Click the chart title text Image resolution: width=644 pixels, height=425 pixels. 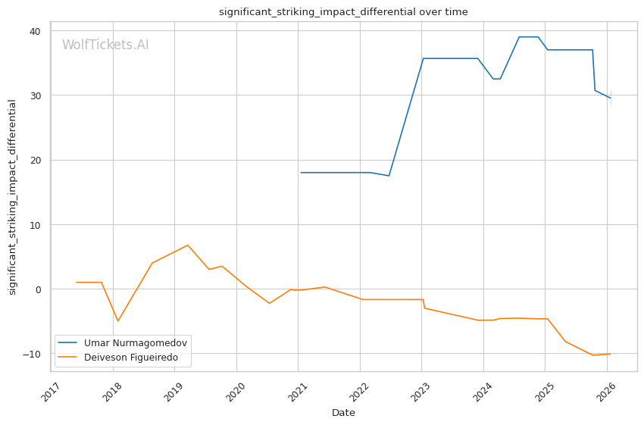click(343, 12)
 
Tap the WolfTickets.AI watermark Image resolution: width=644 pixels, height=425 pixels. click(105, 45)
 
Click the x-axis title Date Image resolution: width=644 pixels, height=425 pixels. click(343, 413)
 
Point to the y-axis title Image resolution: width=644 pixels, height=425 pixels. click(12, 197)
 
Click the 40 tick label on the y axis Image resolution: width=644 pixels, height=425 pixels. click(36, 31)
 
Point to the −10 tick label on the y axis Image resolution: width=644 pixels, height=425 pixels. click(33, 354)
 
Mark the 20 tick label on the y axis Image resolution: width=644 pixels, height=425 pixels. click(36, 160)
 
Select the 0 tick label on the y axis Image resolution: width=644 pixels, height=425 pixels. click(38, 289)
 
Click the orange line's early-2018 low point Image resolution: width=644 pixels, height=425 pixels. click(117, 321)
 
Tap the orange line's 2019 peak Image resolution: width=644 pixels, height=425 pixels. click(187, 245)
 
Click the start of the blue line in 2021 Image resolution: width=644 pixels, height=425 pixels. click(301, 173)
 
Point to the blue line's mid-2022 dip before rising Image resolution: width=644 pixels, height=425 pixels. click(389, 176)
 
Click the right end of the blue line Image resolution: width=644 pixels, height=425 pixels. click(610, 98)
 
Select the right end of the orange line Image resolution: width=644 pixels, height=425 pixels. click(610, 354)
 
